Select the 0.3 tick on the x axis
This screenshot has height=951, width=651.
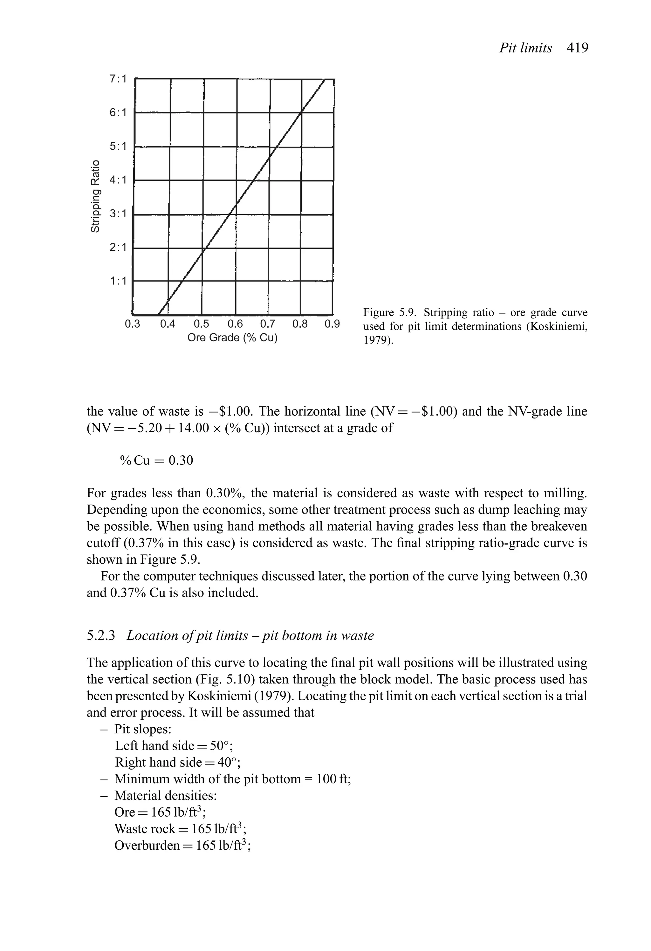point(132,324)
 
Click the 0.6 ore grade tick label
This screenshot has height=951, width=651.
point(235,324)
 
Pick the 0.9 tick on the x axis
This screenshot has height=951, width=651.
point(332,324)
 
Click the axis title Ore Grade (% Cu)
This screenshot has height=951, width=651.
point(232,338)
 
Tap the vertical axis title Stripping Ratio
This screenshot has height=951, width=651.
point(95,196)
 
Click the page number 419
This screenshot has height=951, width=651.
point(577,48)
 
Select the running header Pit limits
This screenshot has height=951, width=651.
point(525,48)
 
